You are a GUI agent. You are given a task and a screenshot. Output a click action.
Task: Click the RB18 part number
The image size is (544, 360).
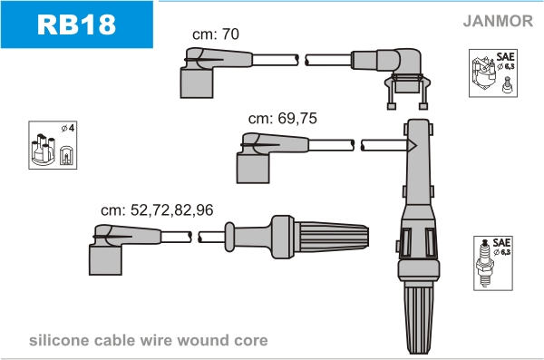coord(76,24)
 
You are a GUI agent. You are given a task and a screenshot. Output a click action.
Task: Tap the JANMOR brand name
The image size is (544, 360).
coord(498,21)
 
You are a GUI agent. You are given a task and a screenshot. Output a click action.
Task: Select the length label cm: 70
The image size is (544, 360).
coord(216,34)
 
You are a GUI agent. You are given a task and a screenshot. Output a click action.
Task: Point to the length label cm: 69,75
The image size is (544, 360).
coord(282,119)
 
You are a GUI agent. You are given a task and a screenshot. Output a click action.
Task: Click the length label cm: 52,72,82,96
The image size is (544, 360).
coord(157,210)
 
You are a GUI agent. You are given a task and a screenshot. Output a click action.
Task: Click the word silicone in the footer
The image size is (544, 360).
coord(59,340)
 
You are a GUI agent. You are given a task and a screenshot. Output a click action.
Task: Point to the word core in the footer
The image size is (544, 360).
coord(251,341)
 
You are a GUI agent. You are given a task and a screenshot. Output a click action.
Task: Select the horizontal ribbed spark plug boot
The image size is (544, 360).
coord(319,237)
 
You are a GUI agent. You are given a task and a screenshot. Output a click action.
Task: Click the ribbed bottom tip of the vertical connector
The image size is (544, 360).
coord(418,317)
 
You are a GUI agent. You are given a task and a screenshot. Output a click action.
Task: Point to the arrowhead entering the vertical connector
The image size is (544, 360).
coord(412,145)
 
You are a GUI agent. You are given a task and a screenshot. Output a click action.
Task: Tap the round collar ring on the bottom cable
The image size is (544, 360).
coord(229,237)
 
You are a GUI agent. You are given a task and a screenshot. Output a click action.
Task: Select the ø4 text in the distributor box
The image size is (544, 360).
coord(68,128)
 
